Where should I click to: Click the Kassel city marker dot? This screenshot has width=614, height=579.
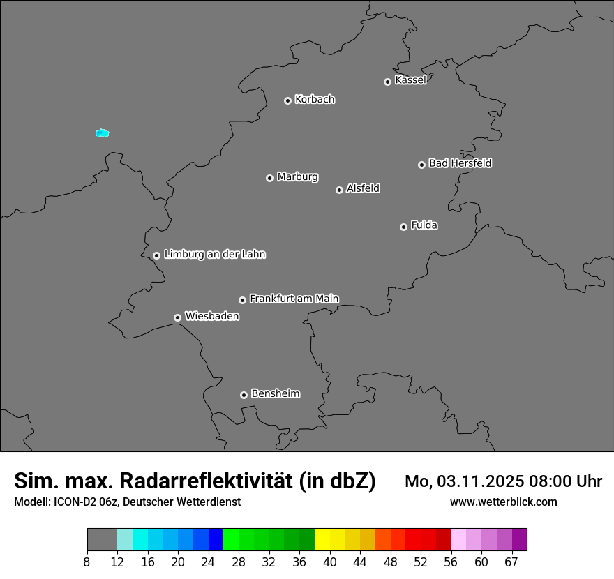tap(387, 82)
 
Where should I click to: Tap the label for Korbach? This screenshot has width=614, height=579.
tap(315, 100)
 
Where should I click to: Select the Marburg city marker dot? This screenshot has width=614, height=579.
tap(269, 178)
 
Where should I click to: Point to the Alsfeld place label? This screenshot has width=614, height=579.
tap(363, 188)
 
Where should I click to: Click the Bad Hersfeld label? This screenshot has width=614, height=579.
tap(460, 163)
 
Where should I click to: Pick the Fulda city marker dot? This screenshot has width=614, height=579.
tap(403, 227)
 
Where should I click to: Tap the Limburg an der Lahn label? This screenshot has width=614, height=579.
tap(214, 255)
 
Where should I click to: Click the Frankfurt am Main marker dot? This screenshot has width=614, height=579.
tap(242, 300)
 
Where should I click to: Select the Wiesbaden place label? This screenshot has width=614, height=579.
tap(211, 317)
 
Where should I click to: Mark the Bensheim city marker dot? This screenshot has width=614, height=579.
tap(244, 395)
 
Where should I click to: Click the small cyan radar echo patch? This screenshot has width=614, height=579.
tap(103, 133)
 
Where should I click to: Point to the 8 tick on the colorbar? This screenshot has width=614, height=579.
tap(87, 562)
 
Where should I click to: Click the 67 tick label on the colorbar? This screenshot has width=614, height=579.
tap(512, 562)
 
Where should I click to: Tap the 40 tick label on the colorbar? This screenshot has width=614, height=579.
tap(329, 562)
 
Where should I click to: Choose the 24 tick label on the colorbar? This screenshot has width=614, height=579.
tap(208, 562)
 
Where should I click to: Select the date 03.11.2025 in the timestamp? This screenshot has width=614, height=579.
tap(475, 481)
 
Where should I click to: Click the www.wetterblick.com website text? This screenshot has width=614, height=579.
tap(503, 502)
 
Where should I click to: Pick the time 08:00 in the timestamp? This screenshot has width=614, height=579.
tap(544, 481)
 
